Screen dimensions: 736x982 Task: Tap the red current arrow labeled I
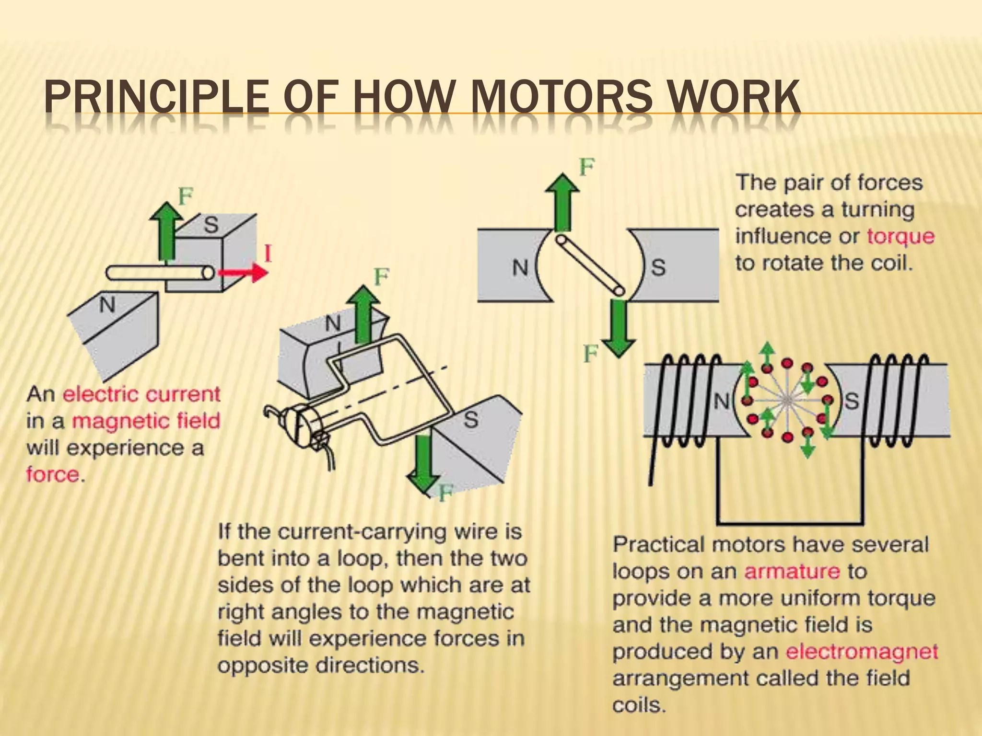[x=242, y=273]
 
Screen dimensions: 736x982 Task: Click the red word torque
[x=901, y=237]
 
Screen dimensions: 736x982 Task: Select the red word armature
[x=792, y=572]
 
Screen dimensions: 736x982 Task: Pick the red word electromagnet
[x=862, y=652]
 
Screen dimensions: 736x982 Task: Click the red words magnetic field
[x=146, y=421]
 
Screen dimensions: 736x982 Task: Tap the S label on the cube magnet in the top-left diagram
[x=211, y=225]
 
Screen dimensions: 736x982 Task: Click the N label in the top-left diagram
[x=107, y=304]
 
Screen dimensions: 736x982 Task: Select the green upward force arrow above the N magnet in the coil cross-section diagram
[x=562, y=204]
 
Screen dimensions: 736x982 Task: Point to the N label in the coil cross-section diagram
[x=520, y=267]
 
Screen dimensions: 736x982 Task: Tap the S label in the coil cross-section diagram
[x=658, y=267]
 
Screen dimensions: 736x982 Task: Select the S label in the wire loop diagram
[x=471, y=420]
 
